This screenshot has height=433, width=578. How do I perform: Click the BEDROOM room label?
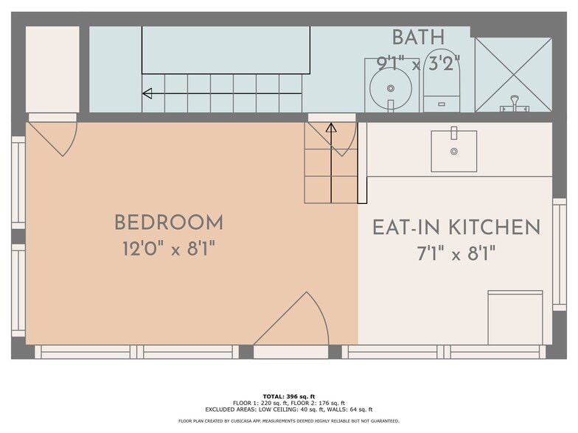(x=168, y=222)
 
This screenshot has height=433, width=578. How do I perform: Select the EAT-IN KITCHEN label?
(x=456, y=228)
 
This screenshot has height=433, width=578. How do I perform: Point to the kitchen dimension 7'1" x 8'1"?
(x=456, y=254)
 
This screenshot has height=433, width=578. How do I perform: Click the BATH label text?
(x=418, y=37)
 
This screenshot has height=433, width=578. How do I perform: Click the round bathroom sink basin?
(x=390, y=88)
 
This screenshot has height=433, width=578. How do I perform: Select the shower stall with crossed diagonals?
(x=513, y=74)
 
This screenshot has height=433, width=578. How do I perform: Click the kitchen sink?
(x=453, y=151)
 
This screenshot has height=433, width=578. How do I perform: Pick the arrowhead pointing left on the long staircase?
(x=147, y=94)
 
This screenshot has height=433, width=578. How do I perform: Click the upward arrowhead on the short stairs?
(x=331, y=128)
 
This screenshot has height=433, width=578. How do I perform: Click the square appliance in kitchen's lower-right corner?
(x=515, y=317)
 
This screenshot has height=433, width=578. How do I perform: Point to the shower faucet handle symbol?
(x=514, y=103)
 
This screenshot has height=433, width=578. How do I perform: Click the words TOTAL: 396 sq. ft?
(x=289, y=396)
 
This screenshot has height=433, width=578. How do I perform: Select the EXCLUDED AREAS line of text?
(x=289, y=409)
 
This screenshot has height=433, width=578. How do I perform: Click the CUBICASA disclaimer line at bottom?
(x=289, y=421)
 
